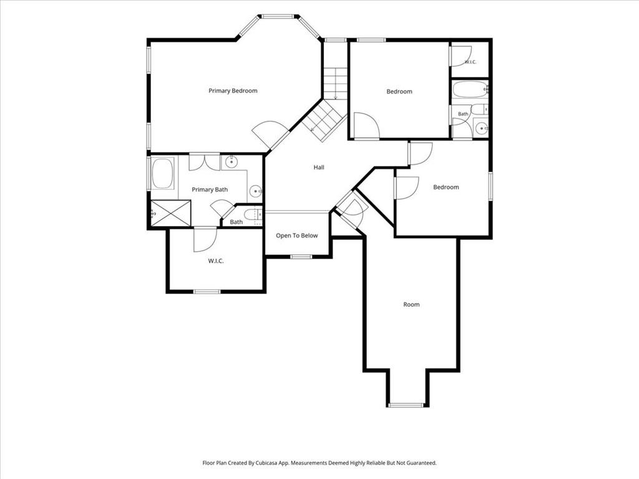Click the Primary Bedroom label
(x=233, y=91)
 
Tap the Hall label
(x=319, y=167)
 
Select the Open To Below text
(x=296, y=235)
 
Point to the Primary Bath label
(x=210, y=190)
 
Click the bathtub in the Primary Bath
(x=163, y=173)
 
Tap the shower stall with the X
(x=170, y=213)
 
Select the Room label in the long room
(x=411, y=304)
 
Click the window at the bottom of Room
(x=406, y=405)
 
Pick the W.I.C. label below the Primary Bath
(x=215, y=261)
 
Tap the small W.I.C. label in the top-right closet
(x=471, y=62)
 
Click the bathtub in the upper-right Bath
(x=470, y=90)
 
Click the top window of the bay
(x=278, y=17)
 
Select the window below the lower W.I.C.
(x=207, y=292)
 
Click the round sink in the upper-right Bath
(x=482, y=128)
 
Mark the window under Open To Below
(x=301, y=256)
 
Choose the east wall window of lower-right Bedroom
(x=490, y=186)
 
